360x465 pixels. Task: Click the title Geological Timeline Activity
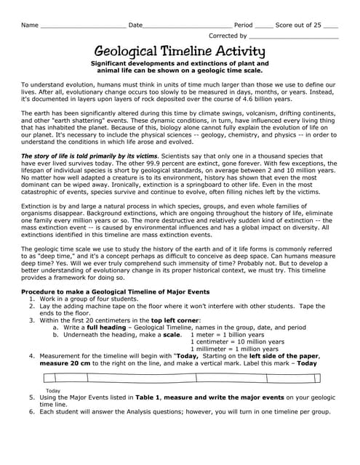click(x=180, y=52)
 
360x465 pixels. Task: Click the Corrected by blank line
click(x=294, y=36)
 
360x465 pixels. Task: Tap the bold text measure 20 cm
click(x=66, y=363)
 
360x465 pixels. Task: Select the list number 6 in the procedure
click(x=32, y=412)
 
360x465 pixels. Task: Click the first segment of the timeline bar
click(x=66, y=377)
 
